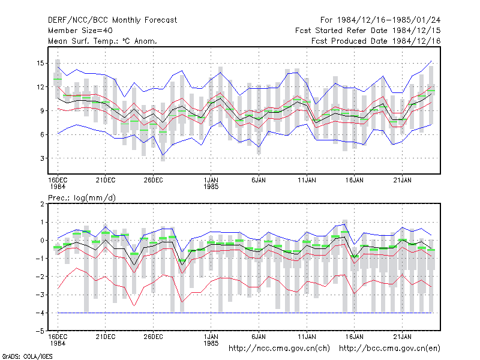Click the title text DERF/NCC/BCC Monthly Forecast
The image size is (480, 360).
tap(112, 20)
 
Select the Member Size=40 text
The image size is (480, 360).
tap(80, 31)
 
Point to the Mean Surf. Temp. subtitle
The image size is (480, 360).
tap(103, 41)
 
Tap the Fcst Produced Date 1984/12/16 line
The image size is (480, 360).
tap(376, 41)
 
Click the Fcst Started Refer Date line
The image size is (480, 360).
tap(368, 31)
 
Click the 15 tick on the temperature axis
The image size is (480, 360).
tap(40, 64)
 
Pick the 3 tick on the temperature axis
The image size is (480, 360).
tap(42, 158)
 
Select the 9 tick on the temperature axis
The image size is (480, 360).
tap(42, 111)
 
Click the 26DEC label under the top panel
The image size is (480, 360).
tap(154, 180)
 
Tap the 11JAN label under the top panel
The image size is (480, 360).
tap(307, 180)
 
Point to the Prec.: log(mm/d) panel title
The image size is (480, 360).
tap(82, 198)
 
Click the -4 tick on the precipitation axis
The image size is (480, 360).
tap(40, 313)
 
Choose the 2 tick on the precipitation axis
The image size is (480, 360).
tap(42, 204)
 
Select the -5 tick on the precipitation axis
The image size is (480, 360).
tap(40, 331)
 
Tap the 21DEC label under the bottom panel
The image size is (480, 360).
tap(106, 337)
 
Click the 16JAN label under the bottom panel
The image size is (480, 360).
tap(355, 337)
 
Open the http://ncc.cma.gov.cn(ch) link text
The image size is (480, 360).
tap(279, 349)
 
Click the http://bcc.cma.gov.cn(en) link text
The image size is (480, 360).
tap(389, 349)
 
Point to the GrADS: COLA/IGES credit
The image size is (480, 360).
tap(27, 356)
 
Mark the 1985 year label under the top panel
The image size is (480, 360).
tap(211, 187)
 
